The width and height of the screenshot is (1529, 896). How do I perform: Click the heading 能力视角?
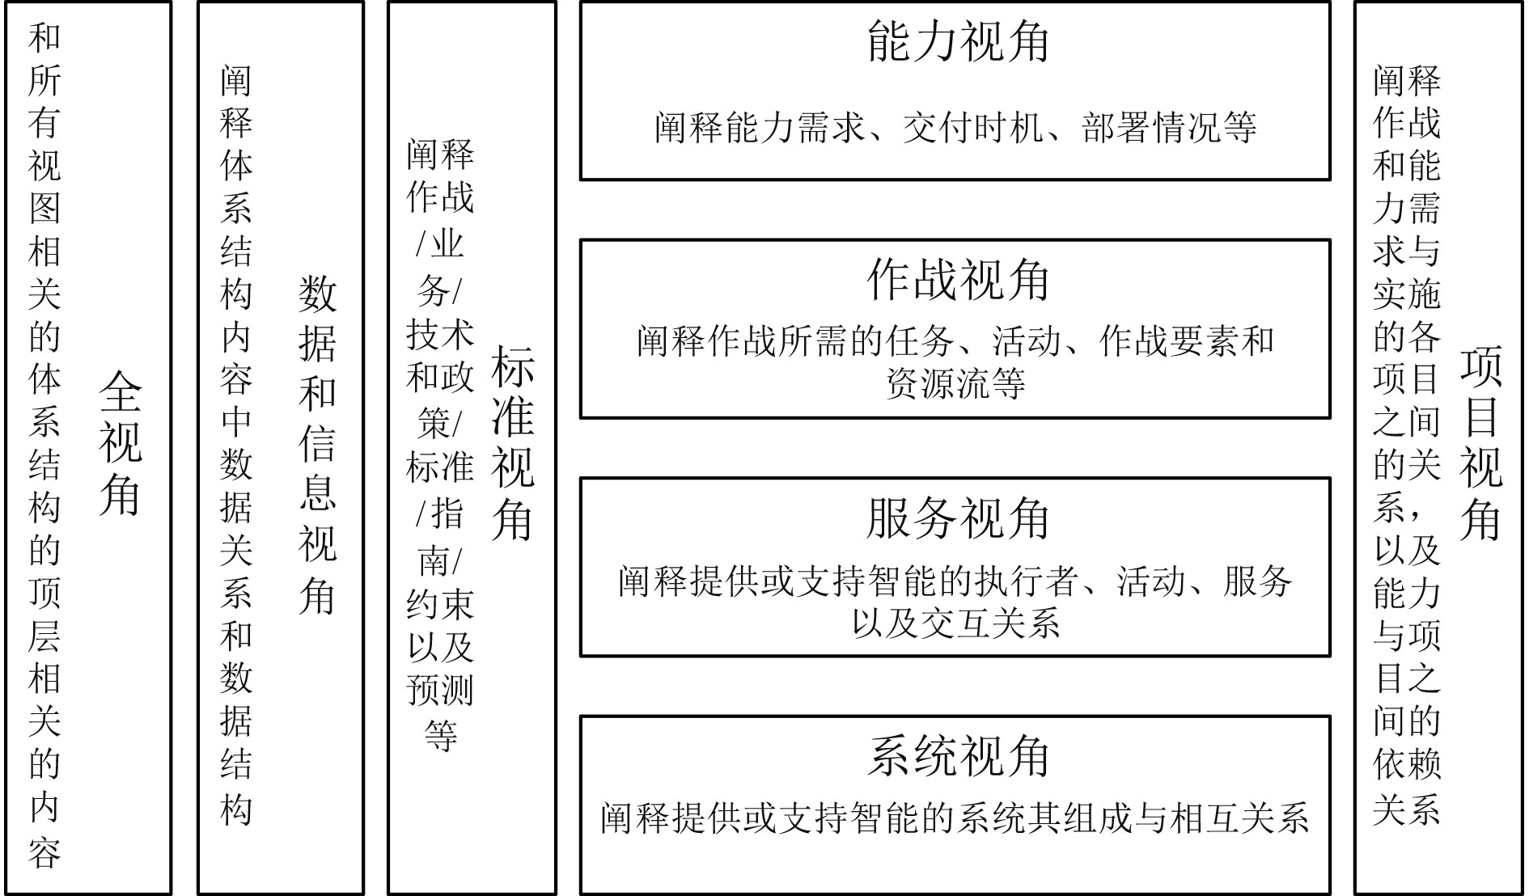pyautogui.click(x=957, y=43)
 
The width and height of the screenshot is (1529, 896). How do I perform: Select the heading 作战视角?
pyautogui.click(x=957, y=281)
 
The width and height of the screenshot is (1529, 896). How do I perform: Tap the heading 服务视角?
pyautogui.click(x=957, y=518)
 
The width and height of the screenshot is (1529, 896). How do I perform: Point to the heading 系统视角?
pyautogui.click(x=957, y=756)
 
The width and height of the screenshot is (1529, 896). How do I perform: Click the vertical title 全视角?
pyautogui.click(x=120, y=444)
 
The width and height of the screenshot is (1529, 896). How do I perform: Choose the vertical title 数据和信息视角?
pyautogui.click(x=317, y=444)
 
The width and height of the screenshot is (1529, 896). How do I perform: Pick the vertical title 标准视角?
pyautogui.click(x=512, y=444)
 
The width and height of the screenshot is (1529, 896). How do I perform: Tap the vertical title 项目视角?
pyautogui.click(x=1480, y=444)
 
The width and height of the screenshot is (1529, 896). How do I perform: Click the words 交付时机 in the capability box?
pyautogui.click(x=972, y=128)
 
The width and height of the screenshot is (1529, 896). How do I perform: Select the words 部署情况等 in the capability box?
pyautogui.click(x=1169, y=128)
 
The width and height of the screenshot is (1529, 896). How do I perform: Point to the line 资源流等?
pyautogui.click(x=955, y=383)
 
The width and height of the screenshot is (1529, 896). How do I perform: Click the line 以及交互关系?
pyautogui.click(x=955, y=623)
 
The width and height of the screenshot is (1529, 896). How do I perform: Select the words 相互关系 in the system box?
pyautogui.click(x=1239, y=818)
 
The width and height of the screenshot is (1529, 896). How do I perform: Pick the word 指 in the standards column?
pyautogui.click(x=447, y=514)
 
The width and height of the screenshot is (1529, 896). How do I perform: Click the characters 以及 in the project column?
pyautogui.click(x=1407, y=551)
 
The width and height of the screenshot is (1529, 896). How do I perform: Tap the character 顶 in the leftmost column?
pyautogui.click(x=44, y=592)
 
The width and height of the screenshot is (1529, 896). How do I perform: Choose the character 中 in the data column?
pyautogui.click(x=236, y=421)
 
